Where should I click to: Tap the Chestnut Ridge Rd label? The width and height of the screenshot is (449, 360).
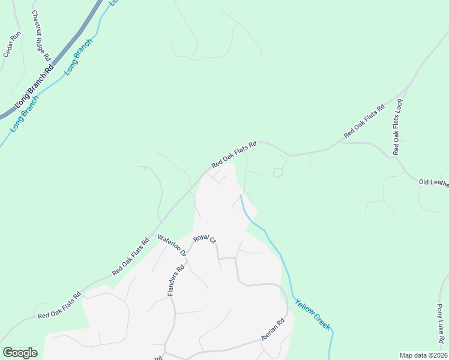[x=41, y=36]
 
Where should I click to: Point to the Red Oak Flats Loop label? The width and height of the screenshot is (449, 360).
[x=397, y=127]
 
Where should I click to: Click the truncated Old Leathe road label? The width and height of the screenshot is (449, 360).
[x=433, y=182]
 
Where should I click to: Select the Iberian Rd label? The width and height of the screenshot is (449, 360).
[x=271, y=331]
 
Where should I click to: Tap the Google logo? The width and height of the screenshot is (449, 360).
[x=20, y=353]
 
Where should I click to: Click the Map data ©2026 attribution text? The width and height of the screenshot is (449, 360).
[x=423, y=355]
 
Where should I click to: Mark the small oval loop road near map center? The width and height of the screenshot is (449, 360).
[x=278, y=173]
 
